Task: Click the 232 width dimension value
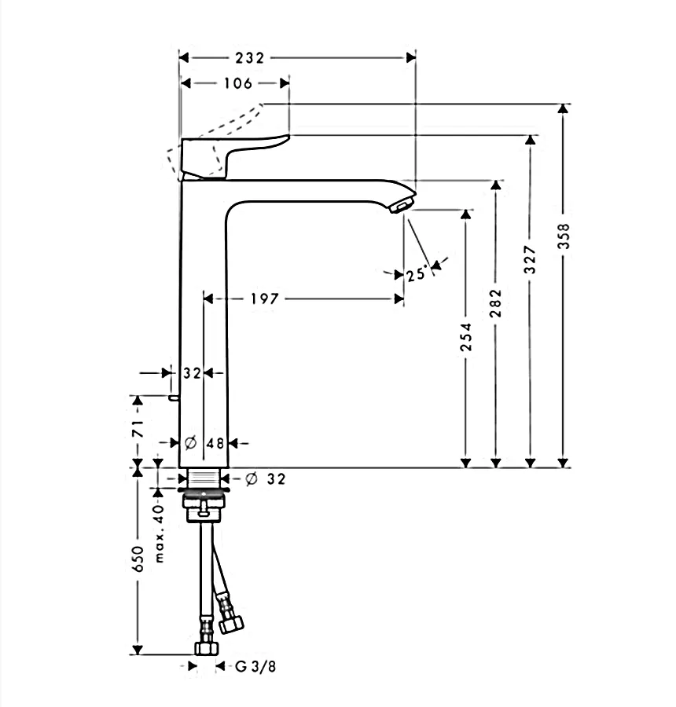point(249,57)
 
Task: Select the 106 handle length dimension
point(238,83)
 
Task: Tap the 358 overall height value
point(564,236)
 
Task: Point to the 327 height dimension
point(531,259)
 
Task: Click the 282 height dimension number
point(495,303)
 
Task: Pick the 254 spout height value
point(465,337)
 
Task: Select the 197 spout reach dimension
point(264,299)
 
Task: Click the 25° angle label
point(416,274)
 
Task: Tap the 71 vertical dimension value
point(138,428)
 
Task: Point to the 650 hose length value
point(138,559)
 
